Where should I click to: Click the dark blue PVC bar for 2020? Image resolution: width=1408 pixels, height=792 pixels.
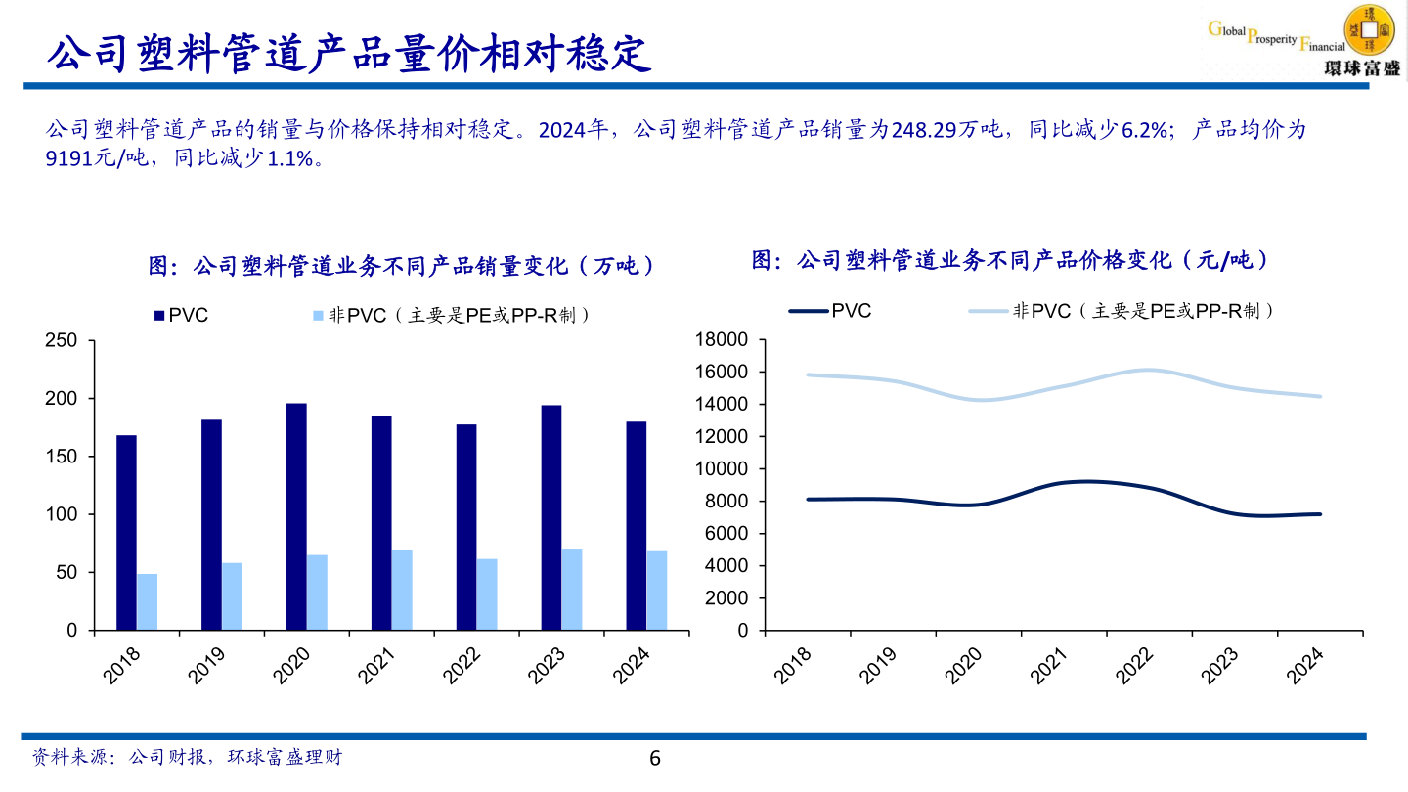(296, 516)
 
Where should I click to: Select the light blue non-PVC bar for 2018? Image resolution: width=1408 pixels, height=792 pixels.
(147, 601)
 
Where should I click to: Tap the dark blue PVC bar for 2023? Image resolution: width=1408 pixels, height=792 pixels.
(551, 517)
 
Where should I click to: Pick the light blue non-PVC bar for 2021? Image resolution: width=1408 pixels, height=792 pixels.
(402, 590)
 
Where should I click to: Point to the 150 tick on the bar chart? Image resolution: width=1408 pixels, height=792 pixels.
(64, 457)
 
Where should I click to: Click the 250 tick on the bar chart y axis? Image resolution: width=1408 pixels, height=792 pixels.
(64, 341)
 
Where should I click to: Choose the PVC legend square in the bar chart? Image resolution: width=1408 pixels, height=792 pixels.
(158, 316)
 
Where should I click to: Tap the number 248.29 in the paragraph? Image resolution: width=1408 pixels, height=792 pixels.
(924, 130)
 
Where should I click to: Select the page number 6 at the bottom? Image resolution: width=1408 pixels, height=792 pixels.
(655, 758)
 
